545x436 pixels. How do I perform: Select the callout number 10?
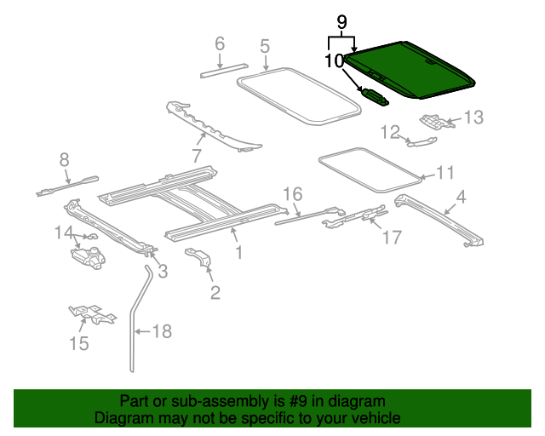point(334,60)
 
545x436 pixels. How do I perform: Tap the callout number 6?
point(219,43)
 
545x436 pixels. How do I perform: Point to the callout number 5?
point(265,46)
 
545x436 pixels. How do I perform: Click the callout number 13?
point(473,118)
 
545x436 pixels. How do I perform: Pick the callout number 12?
point(389,132)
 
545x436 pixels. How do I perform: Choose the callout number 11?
point(445,174)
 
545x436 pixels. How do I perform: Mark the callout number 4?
point(461,198)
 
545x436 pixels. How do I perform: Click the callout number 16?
point(292,193)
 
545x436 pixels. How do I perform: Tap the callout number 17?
point(391,238)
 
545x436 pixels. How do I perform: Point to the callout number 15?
point(78,343)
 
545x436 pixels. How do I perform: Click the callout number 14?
point(65,232)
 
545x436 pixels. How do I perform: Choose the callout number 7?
point(196,156)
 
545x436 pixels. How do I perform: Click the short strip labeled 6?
point(223,70)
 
